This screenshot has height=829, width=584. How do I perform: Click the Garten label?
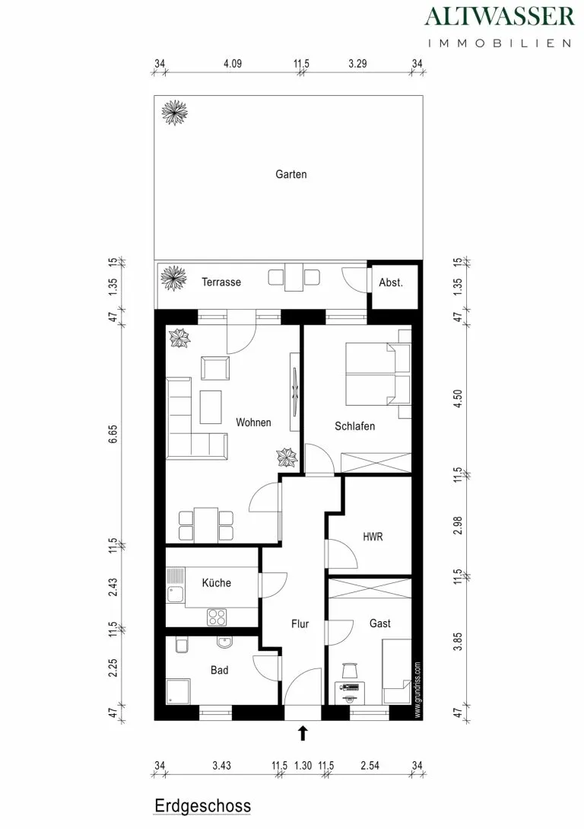(291, 174)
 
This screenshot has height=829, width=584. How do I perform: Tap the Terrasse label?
(221, 282)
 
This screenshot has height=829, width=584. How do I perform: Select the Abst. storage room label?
(391, 282)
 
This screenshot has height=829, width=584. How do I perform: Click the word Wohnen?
(253, 422)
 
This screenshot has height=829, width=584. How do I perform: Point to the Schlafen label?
(355, 426)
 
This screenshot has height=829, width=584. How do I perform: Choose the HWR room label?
(373, 537)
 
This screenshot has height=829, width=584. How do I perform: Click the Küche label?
(217, 582)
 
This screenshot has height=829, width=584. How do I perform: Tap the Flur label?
(300, 624)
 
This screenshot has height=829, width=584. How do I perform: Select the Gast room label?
(380, 623)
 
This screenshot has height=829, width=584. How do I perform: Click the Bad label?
(220, 670)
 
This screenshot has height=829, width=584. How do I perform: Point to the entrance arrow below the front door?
(303, 733)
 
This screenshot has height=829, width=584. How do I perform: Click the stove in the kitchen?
(217, 617)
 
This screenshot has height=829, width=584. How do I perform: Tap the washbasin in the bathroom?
(225, 642)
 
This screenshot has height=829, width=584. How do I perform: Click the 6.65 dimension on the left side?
(113, 434)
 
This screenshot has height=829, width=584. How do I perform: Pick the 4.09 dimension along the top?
(233, 63)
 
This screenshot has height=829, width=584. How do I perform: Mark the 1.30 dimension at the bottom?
(303, 765)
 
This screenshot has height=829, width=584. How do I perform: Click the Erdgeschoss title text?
(203, 806)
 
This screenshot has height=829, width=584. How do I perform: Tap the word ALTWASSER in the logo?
(500, 17)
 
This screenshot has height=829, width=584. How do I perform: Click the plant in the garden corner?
(174, 112)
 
